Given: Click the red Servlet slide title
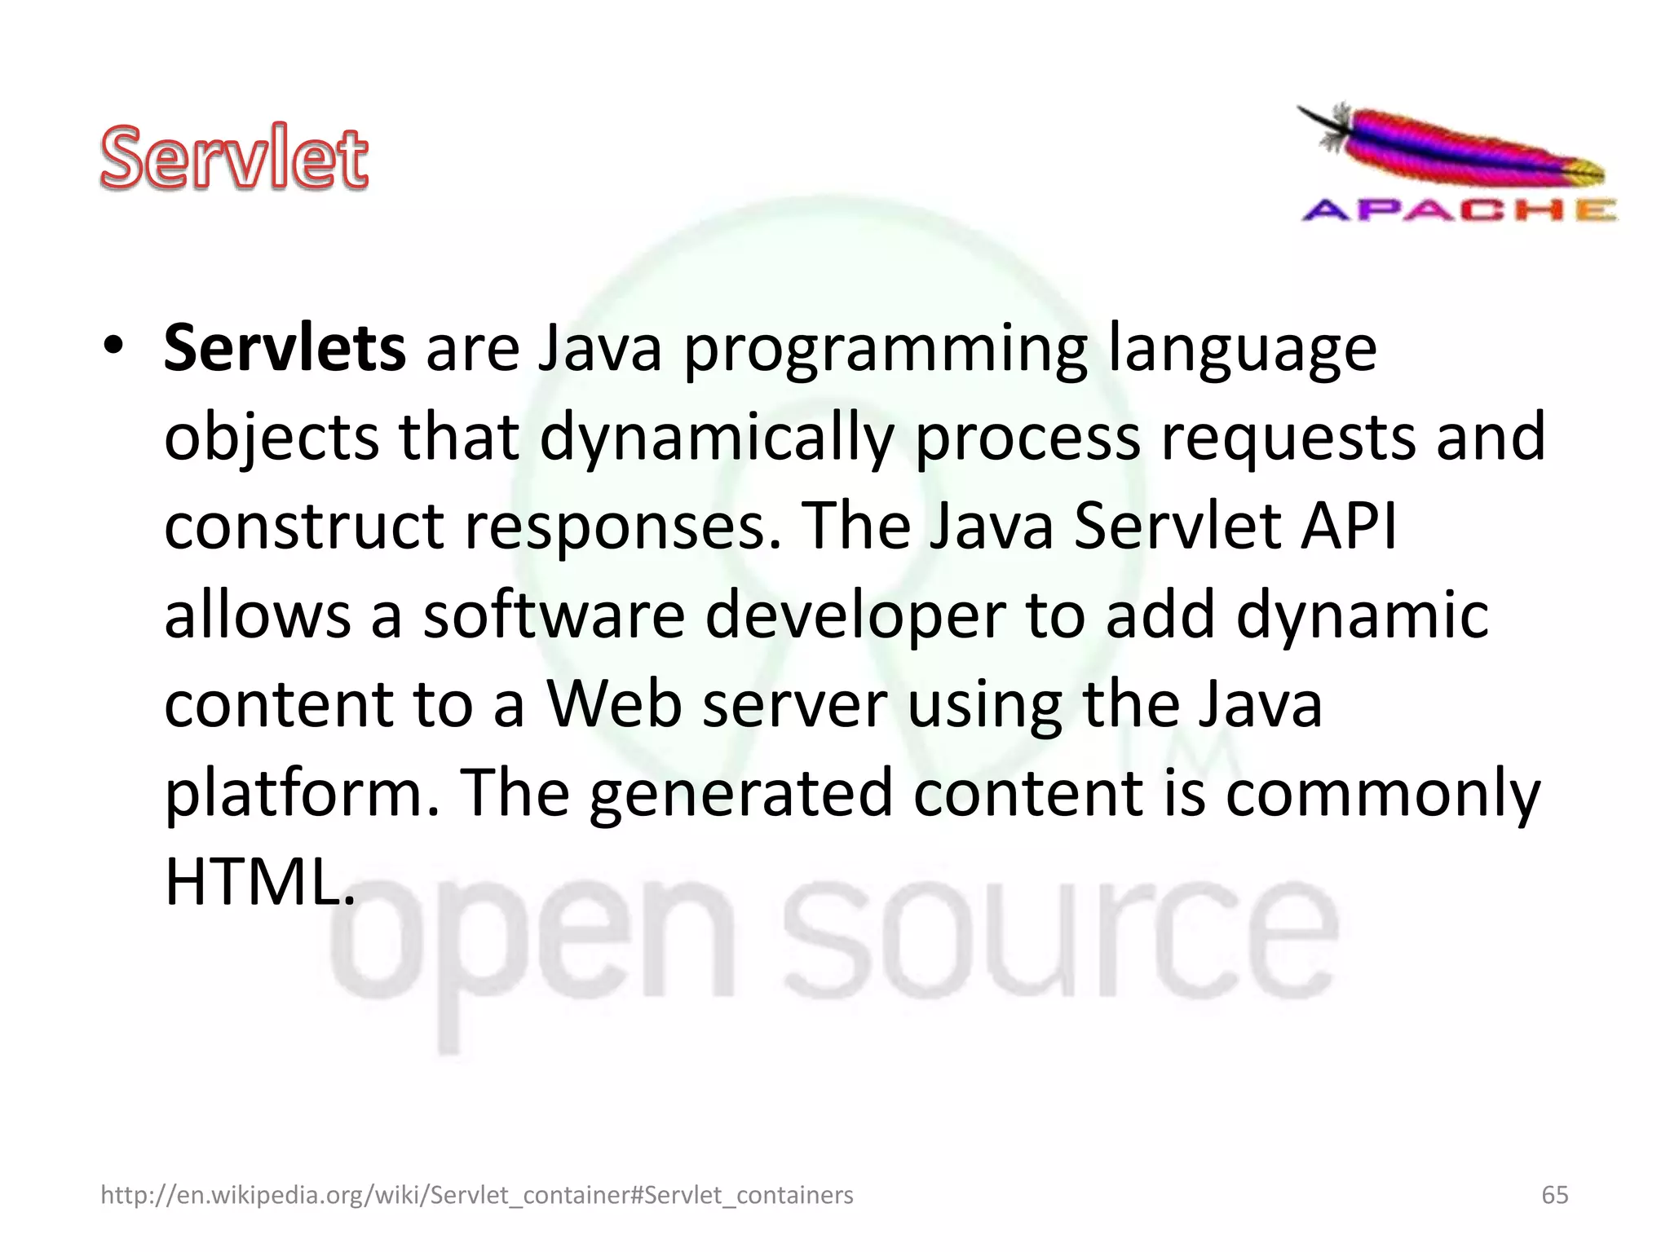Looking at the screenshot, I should (x=234, y=157).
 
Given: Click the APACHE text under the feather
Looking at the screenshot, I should (x=1458, y=211).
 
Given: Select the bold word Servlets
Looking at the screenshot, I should (x=285, y=348).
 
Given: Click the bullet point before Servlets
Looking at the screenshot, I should (x=113, y=346).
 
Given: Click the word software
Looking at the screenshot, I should (x=554, y=615).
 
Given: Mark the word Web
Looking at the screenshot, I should (x=614, y=704).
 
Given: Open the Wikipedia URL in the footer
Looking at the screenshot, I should (x=477, y=1195).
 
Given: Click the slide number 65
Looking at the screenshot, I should (x=1555, y=1195).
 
